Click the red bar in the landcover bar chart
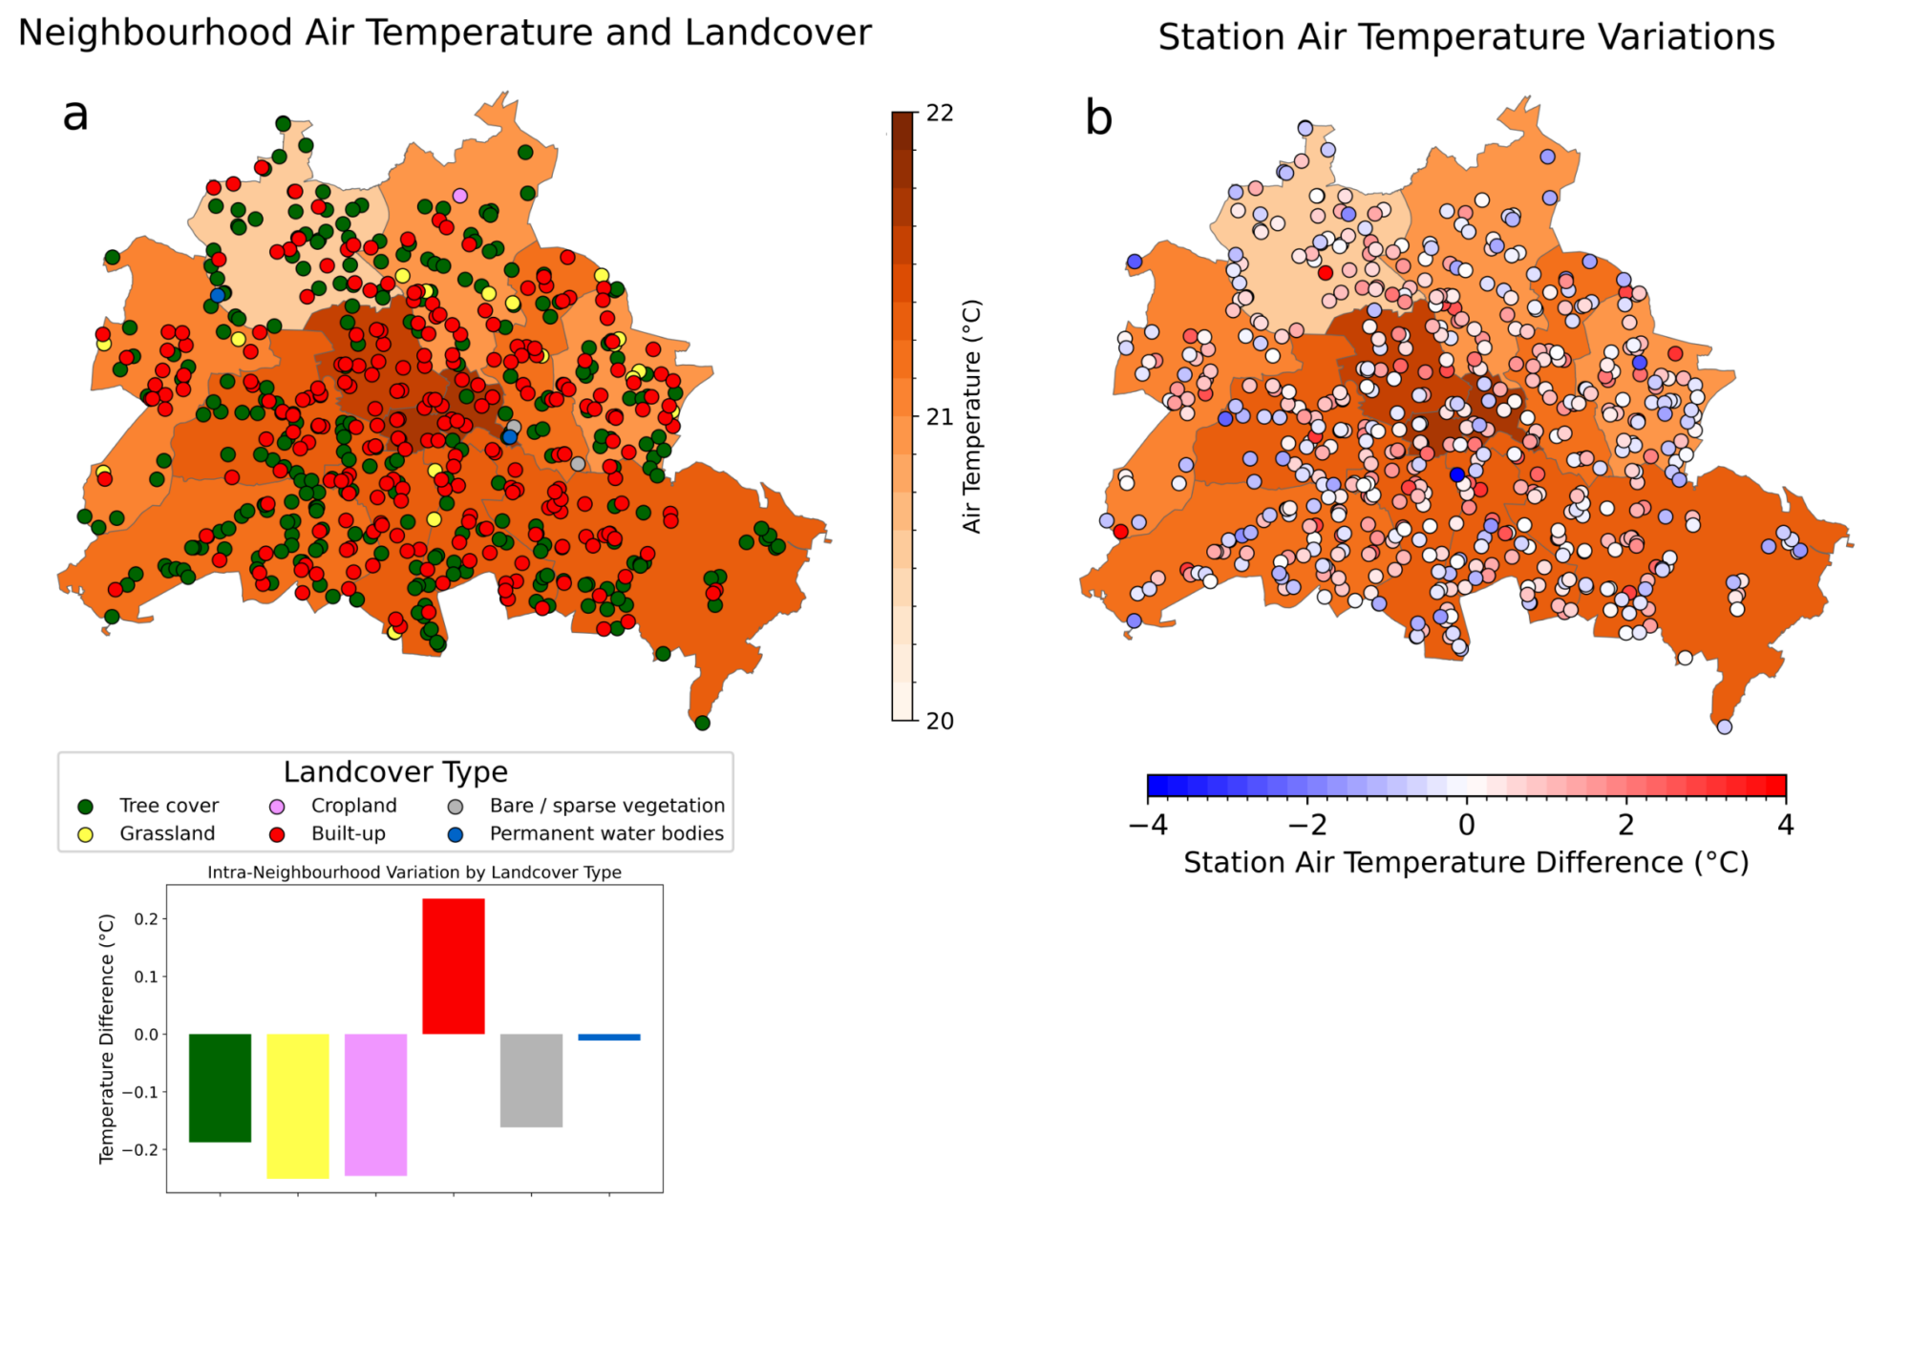454,966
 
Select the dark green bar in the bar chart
220,1088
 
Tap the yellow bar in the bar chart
298,1106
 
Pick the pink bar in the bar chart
375,1104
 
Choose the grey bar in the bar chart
531,1081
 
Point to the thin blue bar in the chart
609,1037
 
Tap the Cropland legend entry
333,806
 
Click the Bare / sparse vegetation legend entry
586,806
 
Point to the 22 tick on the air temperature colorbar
940,113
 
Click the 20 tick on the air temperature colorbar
940,721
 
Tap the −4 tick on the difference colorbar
1148,824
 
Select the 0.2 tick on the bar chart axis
146,919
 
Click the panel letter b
1098,118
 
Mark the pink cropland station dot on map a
459,196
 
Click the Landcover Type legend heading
395,771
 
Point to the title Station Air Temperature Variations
1466,37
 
